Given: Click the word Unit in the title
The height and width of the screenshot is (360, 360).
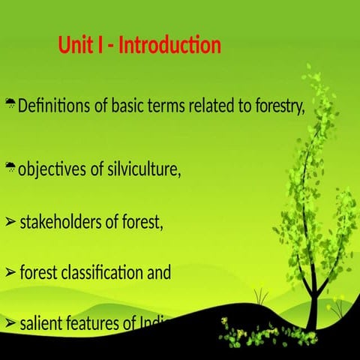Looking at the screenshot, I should coord(75,46).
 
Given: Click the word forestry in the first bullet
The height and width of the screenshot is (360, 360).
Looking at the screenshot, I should coord(277,106).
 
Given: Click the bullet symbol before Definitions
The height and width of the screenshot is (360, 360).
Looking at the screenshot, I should coord(10,103).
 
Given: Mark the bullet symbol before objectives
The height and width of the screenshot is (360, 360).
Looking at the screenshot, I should coord(10,166).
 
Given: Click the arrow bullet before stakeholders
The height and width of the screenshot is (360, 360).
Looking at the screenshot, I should coord(10,222).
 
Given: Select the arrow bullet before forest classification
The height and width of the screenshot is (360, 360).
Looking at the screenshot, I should coord(10,273).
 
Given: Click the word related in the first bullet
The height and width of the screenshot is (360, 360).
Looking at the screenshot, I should coord(212,106).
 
